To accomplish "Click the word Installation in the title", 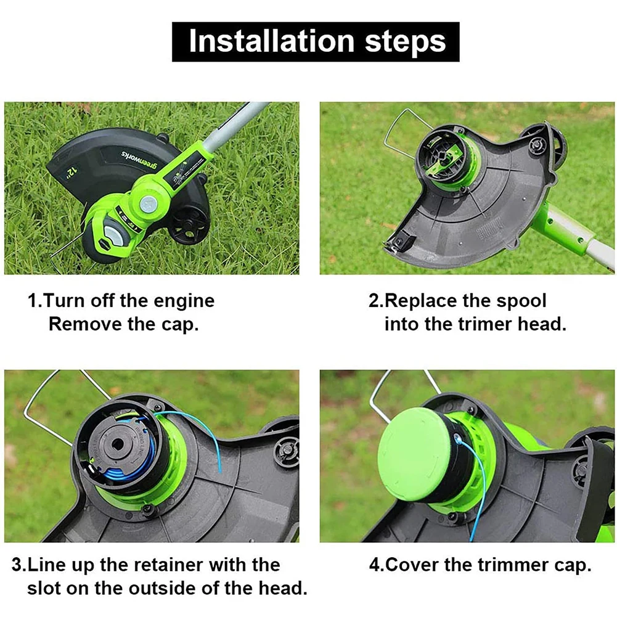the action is coord(271,41).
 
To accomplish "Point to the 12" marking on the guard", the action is coord(72,172).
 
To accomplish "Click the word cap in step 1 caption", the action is coord(179,325).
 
